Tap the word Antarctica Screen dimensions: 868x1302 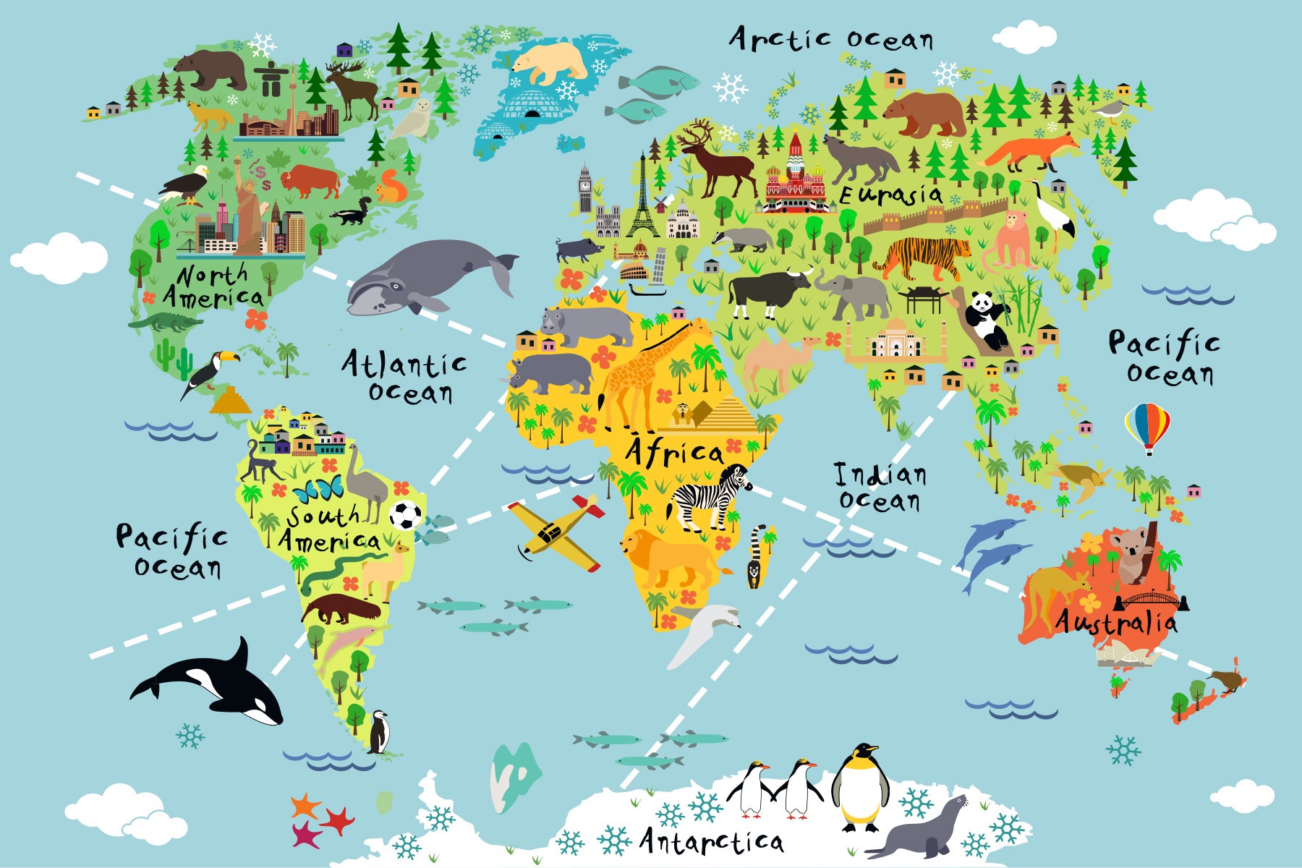click(711, 841)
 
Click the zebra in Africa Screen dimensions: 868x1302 click(709, 495)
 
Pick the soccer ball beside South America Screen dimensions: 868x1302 click(406, 515)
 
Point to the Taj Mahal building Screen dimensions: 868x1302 click(895, 340)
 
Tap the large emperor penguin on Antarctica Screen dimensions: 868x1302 click(860, 788)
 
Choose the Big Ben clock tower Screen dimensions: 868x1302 click(584, 188)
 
